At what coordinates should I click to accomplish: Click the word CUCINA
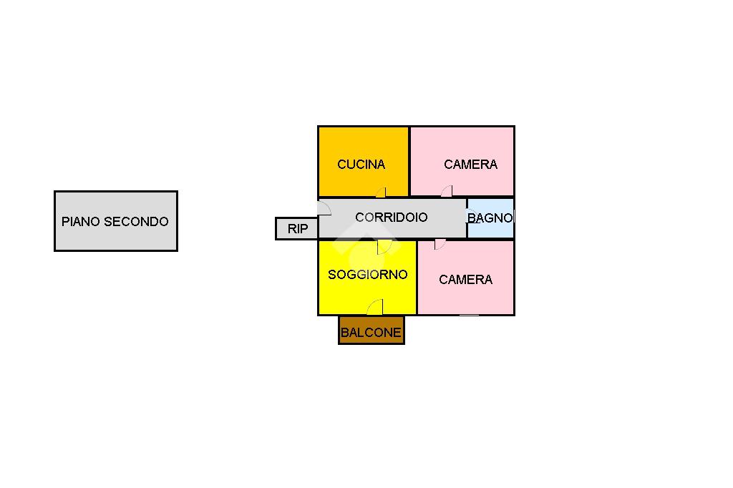tap(361, 165)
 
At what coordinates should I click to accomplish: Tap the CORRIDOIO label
tap(391, 218)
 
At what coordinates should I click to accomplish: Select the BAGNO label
tap(490, 218)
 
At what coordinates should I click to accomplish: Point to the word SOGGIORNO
tap(367, 275)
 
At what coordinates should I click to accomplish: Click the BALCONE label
tap(371, 333)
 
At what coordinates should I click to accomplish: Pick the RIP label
tap(297, 229)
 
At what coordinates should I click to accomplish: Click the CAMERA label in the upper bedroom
tap(470, 165)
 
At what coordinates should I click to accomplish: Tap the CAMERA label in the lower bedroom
tap(465, 280)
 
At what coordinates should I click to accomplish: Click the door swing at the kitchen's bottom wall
tap(382, 192)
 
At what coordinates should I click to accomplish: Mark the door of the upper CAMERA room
tap(447, 191)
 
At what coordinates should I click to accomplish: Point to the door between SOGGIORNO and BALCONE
tap(375, 308)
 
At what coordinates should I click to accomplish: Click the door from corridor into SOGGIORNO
tap(386, 247)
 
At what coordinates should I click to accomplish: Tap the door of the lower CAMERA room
tap(440, 245)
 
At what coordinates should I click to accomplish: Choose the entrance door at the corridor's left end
tap(324, 208)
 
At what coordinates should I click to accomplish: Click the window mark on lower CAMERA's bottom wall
tap(469, 315)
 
